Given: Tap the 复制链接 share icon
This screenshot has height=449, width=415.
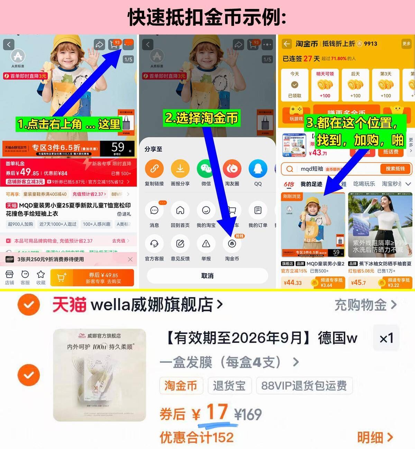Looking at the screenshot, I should [154, 169].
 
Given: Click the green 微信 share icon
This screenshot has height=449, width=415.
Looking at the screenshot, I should [206, 169].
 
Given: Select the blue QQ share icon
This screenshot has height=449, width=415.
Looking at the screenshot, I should [258, 169].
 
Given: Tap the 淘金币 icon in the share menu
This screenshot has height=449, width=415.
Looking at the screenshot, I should [232, 244].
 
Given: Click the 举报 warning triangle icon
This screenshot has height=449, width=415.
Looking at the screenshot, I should [206, 244].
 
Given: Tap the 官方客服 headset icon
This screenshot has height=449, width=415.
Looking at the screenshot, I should [154, 244].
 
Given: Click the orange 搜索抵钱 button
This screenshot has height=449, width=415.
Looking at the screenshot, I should [395, 169].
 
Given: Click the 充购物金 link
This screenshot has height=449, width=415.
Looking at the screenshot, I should [365, 305].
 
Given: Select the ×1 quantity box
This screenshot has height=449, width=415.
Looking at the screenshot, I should [386, 338].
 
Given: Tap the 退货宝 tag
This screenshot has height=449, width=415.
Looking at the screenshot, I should [229, 385].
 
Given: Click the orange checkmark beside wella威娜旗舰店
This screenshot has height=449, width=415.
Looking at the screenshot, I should [29, 305].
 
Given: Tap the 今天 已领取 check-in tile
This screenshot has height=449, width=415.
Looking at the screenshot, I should [295, 85].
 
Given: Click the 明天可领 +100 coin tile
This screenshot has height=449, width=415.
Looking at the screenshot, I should [325, 85].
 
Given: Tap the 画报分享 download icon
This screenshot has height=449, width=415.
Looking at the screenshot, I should [180, 169].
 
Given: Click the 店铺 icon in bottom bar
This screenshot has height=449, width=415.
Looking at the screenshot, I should [9, 277].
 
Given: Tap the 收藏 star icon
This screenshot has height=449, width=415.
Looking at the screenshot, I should [41, 277].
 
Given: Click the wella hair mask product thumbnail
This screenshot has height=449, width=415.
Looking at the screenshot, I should [100, 375].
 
